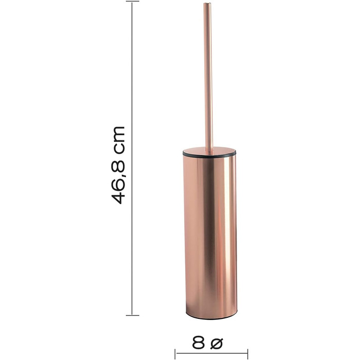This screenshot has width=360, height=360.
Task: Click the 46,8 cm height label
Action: click(x=118, y=165)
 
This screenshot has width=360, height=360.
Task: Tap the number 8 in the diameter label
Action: click(x=199, y=343)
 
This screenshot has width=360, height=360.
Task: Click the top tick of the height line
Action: click(x=133, y=1)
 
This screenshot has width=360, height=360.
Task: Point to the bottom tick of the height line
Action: click(x=133, y=315)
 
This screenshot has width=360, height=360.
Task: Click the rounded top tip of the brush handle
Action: click(x=207, y=3)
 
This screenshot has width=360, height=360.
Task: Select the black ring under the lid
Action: click(x=209, y=154)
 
